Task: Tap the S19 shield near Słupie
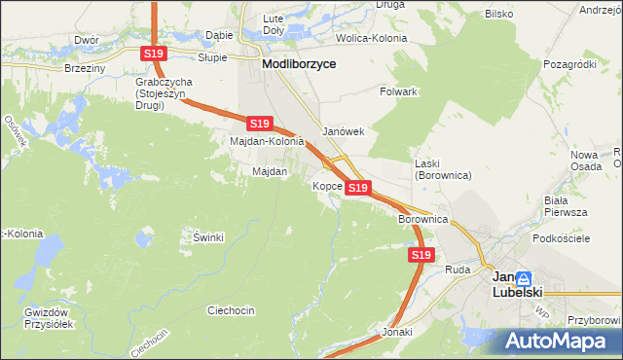[153, 54]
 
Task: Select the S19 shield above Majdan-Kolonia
[258, 124]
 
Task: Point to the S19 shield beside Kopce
[357, 187]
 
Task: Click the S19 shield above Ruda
[420, 254]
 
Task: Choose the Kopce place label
[326, 185]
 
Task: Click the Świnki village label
[208, 237]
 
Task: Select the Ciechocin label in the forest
[231, 310]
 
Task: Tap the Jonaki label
[398, 332]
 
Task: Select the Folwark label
[398, 91]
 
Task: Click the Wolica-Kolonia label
[371, 38]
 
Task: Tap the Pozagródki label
[570, 63]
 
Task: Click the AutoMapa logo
[557, 341]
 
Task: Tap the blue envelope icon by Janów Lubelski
[524, 277]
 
